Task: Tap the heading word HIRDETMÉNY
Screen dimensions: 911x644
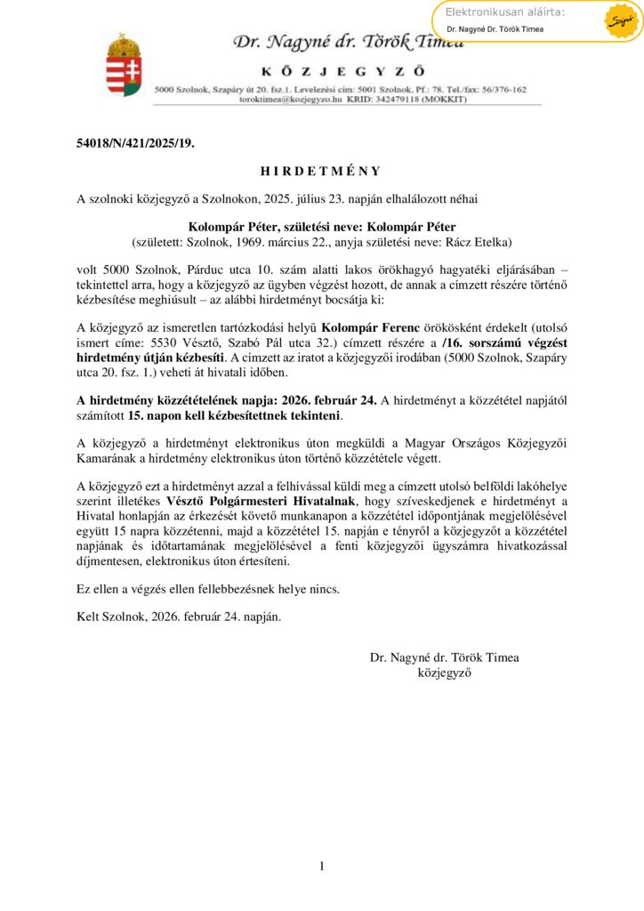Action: point(321,171)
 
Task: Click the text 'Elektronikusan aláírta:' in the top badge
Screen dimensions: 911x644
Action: point(504,12)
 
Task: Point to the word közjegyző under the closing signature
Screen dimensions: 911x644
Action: point(444,673)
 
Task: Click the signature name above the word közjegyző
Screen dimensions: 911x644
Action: point(444,657)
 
